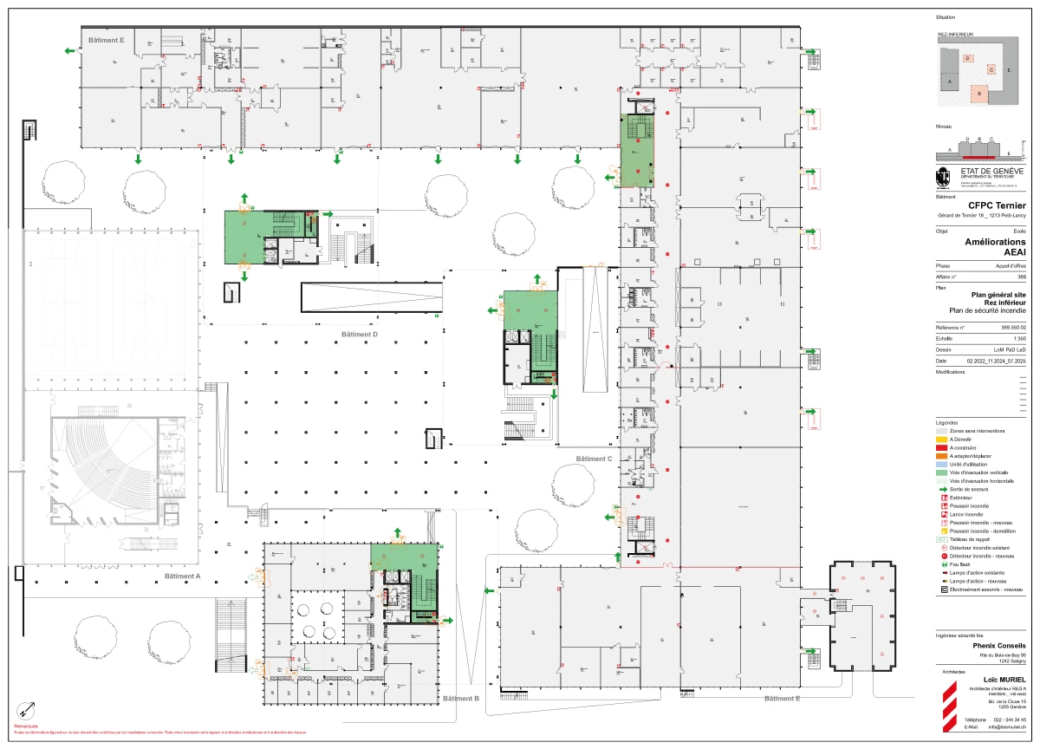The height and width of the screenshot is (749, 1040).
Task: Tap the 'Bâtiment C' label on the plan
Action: pyautogui.click(x=594, y=459)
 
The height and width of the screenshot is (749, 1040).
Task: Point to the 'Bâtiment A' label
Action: pyautogui.click(x=181, y=576)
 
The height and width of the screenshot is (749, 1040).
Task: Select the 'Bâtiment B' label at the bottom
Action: pyautogui.click(x=461, y=698)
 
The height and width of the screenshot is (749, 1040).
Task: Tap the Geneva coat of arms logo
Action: pyautogui.click(x=943, y=177)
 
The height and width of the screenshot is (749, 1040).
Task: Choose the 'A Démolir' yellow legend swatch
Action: pyautogui.click(x=942, y=439)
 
